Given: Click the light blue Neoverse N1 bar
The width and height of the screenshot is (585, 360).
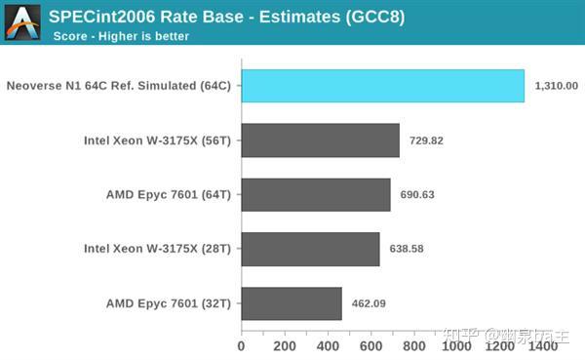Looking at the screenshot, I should pyautogui.click(x=382, y=86).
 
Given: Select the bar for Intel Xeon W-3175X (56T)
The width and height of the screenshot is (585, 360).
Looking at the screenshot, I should pyautogui.click(x=320, y=140).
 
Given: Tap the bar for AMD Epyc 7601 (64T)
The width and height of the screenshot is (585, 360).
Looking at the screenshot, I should pyautogui.click(x=316, y=194).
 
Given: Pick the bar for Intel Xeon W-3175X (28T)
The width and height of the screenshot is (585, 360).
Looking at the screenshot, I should pyautogui.click(x=310, y=249).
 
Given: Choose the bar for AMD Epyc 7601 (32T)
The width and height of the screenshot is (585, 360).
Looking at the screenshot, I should pyautogui.click(x=292, y=303).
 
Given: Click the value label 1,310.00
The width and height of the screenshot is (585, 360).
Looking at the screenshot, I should pyautogui.click(x=557, y=86).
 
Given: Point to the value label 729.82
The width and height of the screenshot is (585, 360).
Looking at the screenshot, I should pyautogui.click(x=426, y=140).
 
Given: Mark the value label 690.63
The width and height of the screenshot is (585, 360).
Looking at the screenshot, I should pyautogui.click(x=417, y=194).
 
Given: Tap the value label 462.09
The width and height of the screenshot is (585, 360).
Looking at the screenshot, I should pyautogui.click(x=369, y=303).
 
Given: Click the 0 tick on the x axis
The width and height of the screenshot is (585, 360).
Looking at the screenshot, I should pyautogui.click(x=242, y=344).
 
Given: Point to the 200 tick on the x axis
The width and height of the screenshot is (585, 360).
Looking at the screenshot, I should pyautogui.click(x=285, y=344).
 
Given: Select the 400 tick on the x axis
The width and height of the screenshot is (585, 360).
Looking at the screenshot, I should pyautogui.click(x=328, y=344).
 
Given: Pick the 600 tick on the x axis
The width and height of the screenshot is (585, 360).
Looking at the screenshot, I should pyautogui.click(x=370, y=344).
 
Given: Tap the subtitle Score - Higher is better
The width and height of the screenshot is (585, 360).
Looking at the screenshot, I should pyautogui.click(x=121, y=37).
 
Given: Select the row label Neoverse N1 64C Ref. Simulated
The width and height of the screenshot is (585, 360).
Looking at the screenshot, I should pyautogui.click(x=118, y=86).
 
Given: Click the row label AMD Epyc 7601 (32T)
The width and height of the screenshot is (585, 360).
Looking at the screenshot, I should pyautogui.click(x=169, y=303).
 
